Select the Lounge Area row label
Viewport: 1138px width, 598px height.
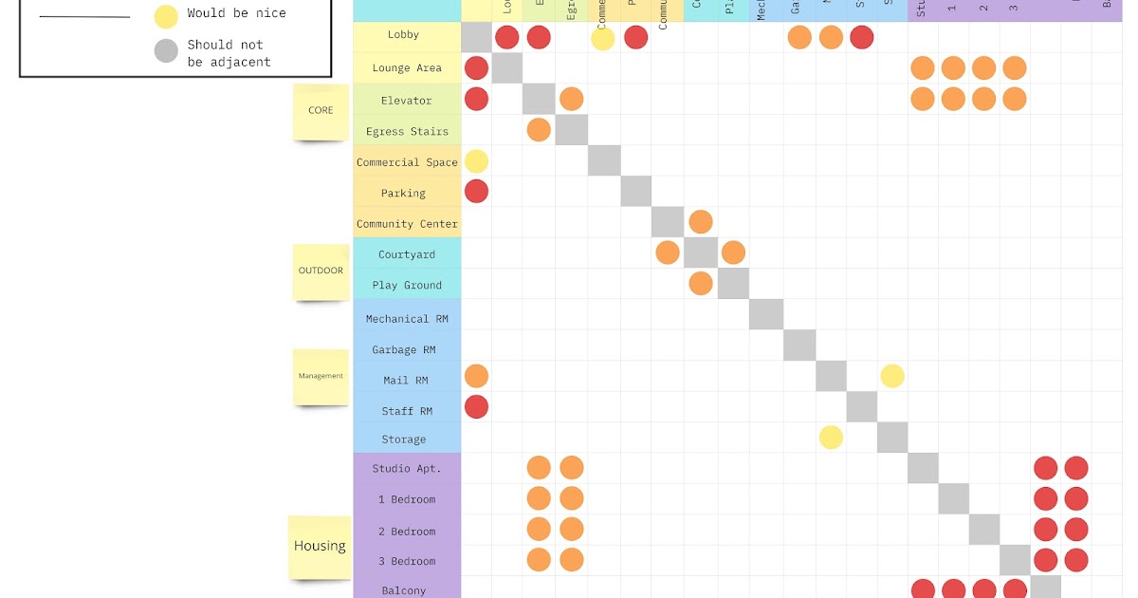tap(406, 68)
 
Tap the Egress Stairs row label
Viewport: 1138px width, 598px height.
tap(406, 132)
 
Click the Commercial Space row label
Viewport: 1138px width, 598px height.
tap(406, 162)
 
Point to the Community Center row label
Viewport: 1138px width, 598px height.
tap(406, 224)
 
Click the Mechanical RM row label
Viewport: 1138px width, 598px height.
tap(406, 319)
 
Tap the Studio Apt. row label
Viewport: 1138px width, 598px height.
tap(406, 469)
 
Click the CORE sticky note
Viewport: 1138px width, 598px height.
tap(321, 111)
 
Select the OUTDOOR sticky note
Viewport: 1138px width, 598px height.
tap(321, 271)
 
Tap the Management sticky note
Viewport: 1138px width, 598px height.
tap(321, 376)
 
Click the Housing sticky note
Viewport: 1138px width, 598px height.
tap(320, 547)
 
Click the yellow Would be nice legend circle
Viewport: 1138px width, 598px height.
tap(166, 15)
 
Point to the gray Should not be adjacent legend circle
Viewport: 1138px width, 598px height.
tap(166, 51)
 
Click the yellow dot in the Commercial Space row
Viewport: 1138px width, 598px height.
tap(476, 161)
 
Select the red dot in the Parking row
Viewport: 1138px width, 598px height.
tap(476, 192)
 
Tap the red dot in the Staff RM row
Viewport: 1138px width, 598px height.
tap(476, 407)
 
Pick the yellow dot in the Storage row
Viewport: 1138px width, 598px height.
tap(831, 438)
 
